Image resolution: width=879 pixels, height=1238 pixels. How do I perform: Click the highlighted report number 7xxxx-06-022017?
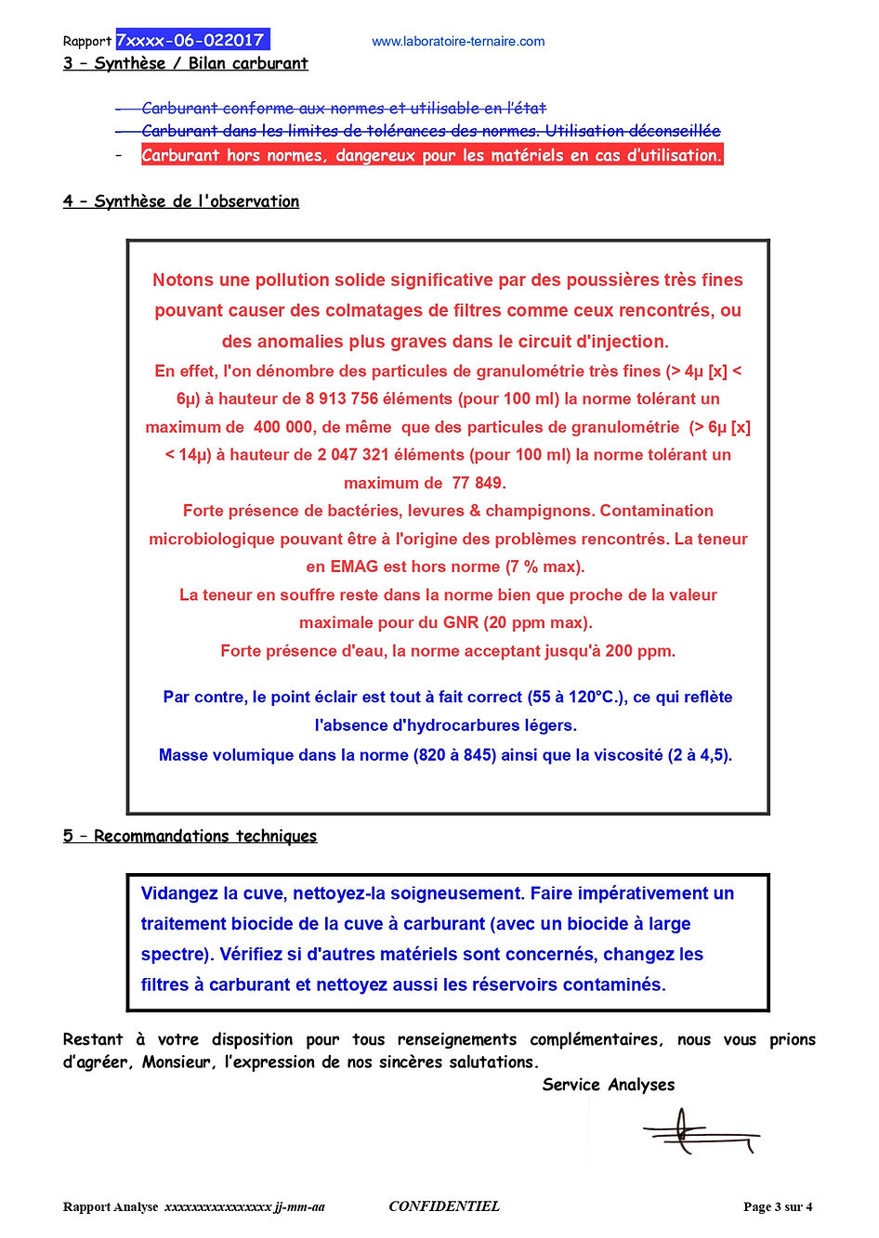[x=191, y=40]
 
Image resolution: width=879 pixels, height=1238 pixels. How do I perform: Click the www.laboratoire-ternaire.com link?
[x=458, y=42]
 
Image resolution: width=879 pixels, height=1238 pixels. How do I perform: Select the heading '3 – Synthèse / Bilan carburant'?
[x=185, y=63]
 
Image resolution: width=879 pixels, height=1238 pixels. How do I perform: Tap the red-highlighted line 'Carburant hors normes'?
[x=431, y=155]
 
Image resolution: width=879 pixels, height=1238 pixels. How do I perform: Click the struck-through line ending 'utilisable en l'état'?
[x=343, y=109]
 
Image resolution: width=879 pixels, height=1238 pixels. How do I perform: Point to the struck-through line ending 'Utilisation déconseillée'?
[x=430, y=131]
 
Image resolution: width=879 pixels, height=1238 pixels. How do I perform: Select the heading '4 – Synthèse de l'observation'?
[x=181, y=202]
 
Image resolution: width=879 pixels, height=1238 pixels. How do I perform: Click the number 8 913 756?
[x=342, y=399]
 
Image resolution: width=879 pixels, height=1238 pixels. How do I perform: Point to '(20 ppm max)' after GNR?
[x=537, y=622]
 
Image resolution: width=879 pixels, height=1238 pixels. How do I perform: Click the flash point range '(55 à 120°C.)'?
[x=577, y=697]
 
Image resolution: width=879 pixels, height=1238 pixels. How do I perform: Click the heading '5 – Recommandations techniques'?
[x=190, y=836]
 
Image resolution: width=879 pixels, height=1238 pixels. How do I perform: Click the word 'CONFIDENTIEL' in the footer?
[x=444, y=1206]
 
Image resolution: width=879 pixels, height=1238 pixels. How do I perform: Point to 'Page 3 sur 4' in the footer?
[x=778, y=1206]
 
